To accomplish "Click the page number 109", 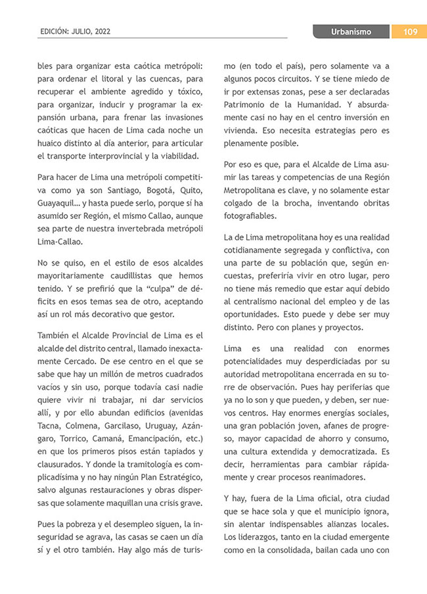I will coord(407,32).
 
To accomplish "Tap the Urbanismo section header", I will coord(350,32).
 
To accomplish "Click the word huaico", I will coord(53,143).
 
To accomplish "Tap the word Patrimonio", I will coord(248,104).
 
